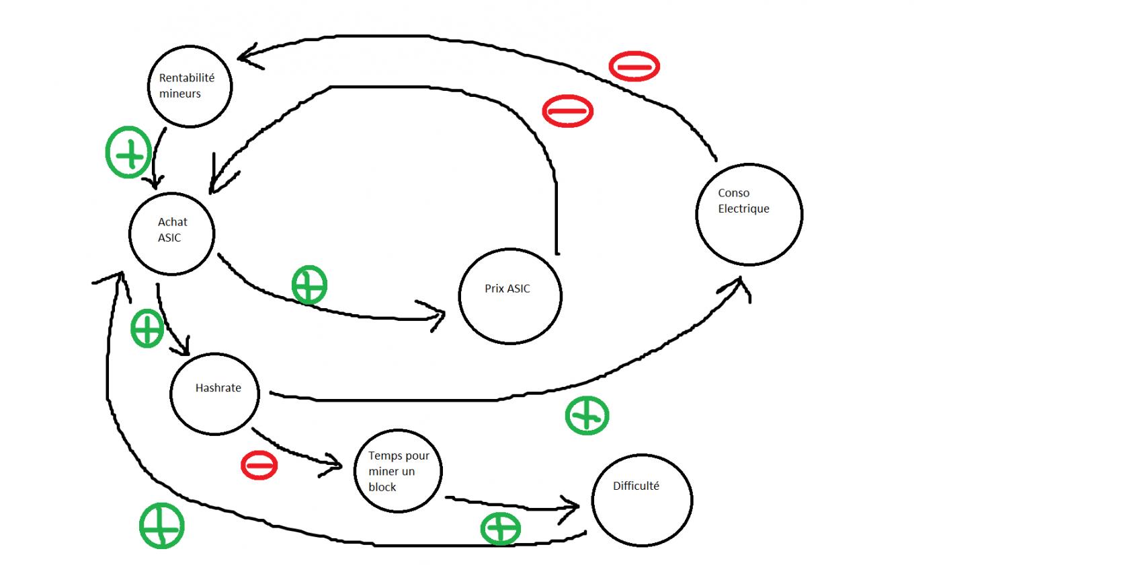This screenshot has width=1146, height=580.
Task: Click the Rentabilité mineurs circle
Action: tap(190, 86)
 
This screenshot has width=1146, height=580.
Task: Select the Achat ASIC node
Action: tap(171, 233)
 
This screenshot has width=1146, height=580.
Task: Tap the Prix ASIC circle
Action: tap(509, 296)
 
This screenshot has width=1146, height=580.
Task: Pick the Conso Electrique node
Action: tap(749, 214)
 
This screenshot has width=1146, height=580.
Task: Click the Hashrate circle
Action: tap(214, 394)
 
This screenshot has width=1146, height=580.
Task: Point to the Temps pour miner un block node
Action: tap(398, 471)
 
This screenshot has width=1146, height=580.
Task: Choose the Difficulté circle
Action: tap(642, 500)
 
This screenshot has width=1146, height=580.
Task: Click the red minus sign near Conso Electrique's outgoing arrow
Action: tap(634, 66)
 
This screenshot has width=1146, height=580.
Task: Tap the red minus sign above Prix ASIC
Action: tap(567, 111)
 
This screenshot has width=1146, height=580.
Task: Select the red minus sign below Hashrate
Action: tap(259, 465)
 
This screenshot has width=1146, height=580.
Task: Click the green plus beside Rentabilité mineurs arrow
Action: tap(128, 153)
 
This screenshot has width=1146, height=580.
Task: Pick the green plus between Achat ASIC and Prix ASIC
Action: tap(309, 285)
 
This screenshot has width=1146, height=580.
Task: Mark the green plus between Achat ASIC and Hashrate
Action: tap(147, 328)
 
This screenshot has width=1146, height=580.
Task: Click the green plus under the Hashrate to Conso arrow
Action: tap(587, 416)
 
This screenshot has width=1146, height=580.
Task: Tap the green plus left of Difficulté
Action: tap(501, 528)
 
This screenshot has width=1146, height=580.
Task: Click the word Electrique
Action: tap(743, 209)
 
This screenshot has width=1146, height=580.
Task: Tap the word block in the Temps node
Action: tap(382, 487)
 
